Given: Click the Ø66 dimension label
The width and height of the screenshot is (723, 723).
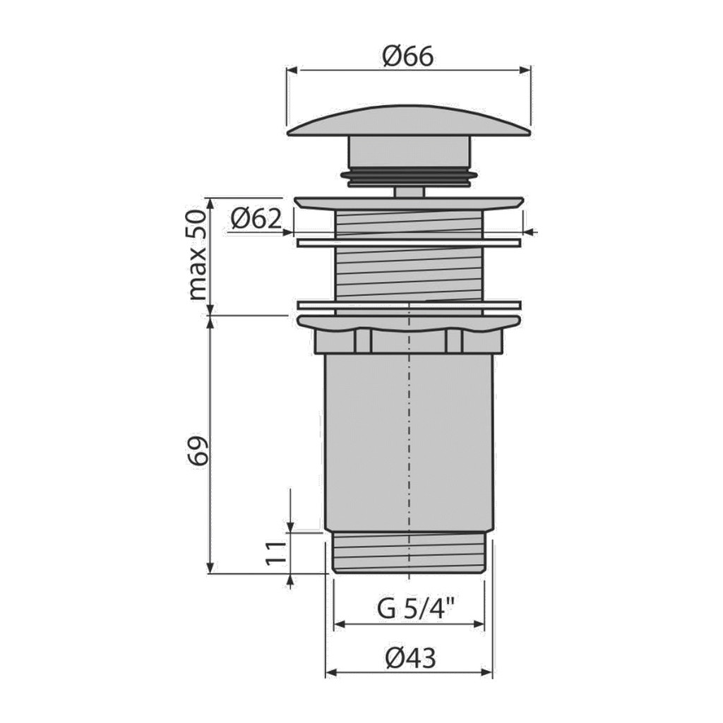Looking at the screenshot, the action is [408, 56].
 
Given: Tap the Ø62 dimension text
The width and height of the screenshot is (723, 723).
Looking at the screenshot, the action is [256, 219].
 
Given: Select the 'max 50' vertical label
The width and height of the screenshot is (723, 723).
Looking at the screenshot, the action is [198, 254].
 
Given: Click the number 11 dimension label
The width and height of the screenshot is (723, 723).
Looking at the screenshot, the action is [276, 554].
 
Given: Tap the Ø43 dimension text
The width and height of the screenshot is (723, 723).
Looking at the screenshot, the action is [410, 658].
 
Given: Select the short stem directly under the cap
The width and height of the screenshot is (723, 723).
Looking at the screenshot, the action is [410, 153].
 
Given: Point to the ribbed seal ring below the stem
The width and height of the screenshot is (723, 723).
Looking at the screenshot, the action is [409, 177].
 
